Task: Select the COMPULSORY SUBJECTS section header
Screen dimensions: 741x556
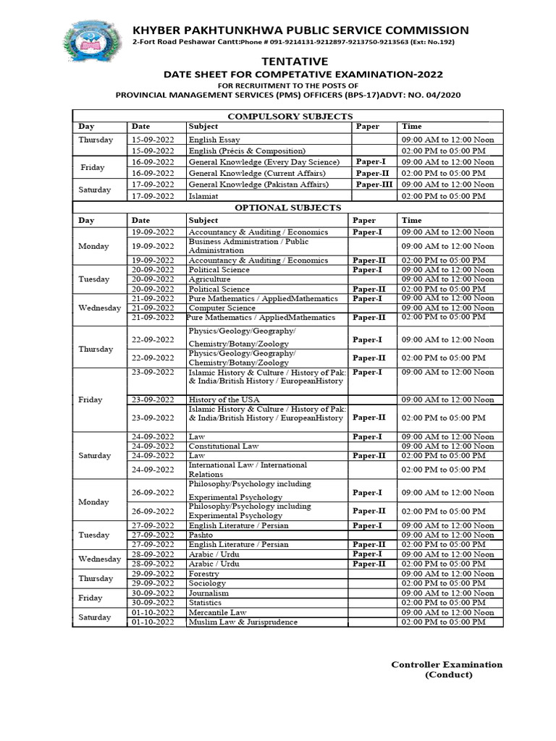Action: [290, 116]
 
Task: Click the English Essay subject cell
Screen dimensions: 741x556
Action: [214, 140]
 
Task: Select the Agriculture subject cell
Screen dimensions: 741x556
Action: [209, 279]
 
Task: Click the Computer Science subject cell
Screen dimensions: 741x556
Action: [222, 308]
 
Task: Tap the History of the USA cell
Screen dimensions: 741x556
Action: [224, 399]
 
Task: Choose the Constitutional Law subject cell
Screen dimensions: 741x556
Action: [225, 446]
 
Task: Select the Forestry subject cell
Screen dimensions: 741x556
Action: [204, 574]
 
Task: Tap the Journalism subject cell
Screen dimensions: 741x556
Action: [208, 593]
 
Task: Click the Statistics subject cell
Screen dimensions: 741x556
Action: [206, 603]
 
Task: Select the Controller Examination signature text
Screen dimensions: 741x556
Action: [447, 664]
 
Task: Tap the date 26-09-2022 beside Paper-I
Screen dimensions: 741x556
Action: [153, 493]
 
